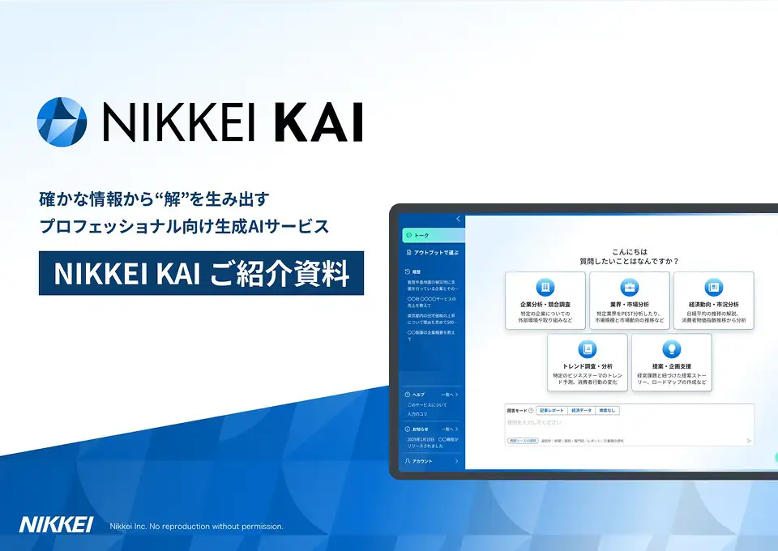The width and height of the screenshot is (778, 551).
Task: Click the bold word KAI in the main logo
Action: pyautogui.click(x=318, y=122)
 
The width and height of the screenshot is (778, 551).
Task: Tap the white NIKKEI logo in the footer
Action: pyautogui.click(x=57, y=525)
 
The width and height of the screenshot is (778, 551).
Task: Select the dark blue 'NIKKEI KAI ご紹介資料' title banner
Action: pyautogui.click(x=201, y=273)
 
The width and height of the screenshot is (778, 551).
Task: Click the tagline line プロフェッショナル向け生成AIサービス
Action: pyautogui.click(x=185, y=227)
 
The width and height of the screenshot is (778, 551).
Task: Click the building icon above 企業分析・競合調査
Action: pyautogui.click(x=545, y=287)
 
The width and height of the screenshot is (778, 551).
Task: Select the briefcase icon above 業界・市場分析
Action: pyautogui.click(x=630, y=287)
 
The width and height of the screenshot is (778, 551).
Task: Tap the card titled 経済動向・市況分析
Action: pyautogui.click(x=713, y=301)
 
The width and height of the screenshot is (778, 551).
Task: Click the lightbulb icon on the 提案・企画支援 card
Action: pyautogui.click(x=671, y=349)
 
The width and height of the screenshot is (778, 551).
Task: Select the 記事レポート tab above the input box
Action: pyautogui.click(x=551, y=411)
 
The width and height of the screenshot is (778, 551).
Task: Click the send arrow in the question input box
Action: pyautogui.click(x=749, y=441)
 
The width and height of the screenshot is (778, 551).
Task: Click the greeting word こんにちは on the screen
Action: pyautogui.click(x=629, y=252)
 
